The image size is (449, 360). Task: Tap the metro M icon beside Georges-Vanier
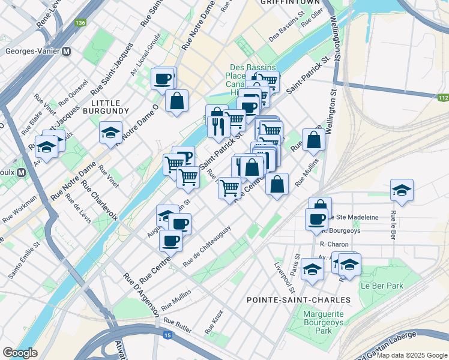click(x=66, y=51)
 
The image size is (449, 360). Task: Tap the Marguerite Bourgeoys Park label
click(x=325, y=322)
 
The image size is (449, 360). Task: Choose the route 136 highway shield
click(x=80, y=23)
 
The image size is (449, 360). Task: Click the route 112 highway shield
click(x=443, y=98)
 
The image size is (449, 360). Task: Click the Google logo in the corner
click(x=20, y=352)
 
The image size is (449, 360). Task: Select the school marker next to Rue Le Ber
click(x=402, y=190)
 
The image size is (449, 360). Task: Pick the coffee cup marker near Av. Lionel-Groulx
click(x=163, y=78)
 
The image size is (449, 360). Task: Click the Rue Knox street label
click(x=214, y=322)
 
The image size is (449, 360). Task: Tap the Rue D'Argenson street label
click(x=141, y=295)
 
